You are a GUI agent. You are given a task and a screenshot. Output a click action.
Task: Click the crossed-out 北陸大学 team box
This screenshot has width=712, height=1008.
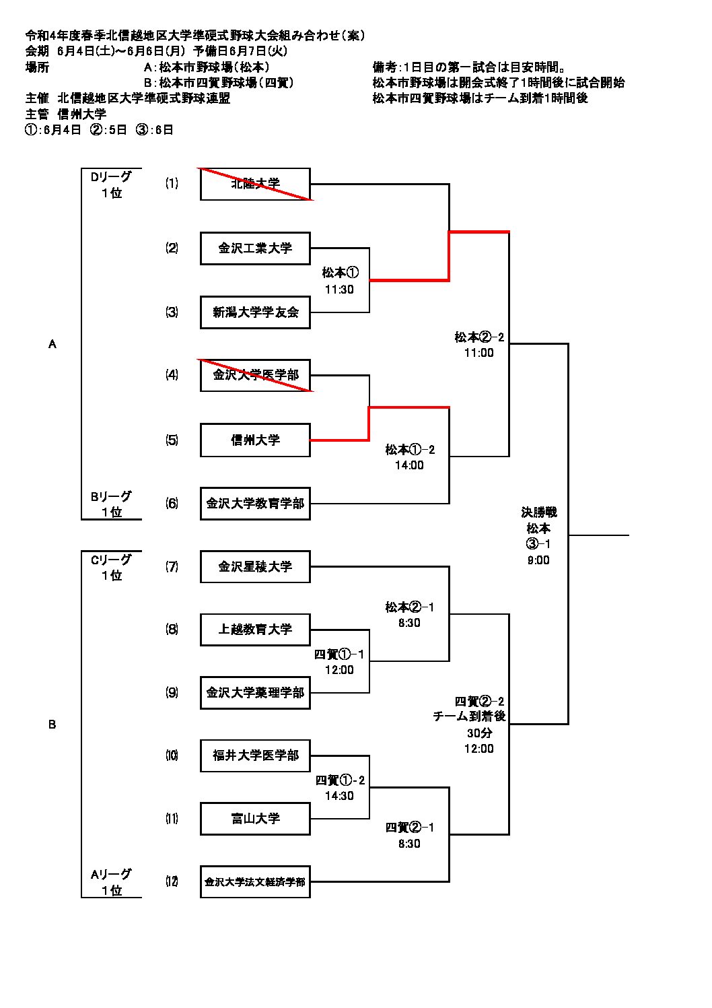pyautogui.click(x=255, y=184)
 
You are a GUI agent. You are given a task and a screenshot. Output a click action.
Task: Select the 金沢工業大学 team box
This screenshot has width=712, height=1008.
pyautogui.click(x=255, y=248)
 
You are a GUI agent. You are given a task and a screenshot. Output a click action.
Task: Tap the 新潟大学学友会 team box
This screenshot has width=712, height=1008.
pyautogui.click(x=255, y=312)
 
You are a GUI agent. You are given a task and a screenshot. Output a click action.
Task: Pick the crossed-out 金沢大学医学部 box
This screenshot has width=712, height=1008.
pyautogui.click(x=255, y=375)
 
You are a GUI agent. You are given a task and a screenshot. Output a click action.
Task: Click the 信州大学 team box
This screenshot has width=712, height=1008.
pyautogui.click(x=255, y=440)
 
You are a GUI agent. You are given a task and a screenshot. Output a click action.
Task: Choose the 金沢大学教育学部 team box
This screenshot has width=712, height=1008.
pyautogui.click(x=255, y=504)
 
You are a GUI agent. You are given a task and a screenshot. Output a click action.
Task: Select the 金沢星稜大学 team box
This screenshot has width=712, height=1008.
pyautogui.click(x=255, y=567)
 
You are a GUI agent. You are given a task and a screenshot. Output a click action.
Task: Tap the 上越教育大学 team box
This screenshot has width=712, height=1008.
pyautogui.click(x=255, y=630)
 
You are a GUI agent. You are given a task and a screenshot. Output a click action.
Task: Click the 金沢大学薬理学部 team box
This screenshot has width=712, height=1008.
pyautogui.click(x=255, y=693)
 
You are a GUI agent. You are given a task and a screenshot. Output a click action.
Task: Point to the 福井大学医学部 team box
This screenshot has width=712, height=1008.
pyautogui.click(x=255, y=755)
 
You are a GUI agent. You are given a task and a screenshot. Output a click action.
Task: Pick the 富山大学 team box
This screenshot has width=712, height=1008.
pyautogui.click(x=255, y=819)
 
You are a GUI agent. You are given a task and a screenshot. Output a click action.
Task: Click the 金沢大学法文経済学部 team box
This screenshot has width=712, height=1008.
pyautogui.click(x=255, y=882)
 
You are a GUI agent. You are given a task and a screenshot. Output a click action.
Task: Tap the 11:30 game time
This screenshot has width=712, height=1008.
pyautogui.click(x=339, y=290)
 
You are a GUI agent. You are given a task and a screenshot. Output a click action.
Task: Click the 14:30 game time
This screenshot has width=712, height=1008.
pyautogui.click(x=339, y=796)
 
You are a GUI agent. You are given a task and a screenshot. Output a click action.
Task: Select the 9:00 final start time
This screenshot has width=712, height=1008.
pyautogui.click(x=538, y=560)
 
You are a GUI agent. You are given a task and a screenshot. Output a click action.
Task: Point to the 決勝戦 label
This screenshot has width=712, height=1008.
pyautogui.click(x=538, y=512)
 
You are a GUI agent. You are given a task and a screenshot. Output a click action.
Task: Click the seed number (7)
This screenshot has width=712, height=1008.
pyautogui.click(x=172, y=567)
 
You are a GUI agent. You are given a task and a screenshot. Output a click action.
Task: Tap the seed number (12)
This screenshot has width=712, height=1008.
pyautogui.click(x=172, y=881)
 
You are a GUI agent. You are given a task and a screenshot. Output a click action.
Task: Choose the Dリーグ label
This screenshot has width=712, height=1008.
pyautogui.click(x=112, y=176)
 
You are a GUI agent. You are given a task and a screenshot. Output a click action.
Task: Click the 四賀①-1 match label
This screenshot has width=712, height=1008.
pyautogui.click(x=339, y=654)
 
